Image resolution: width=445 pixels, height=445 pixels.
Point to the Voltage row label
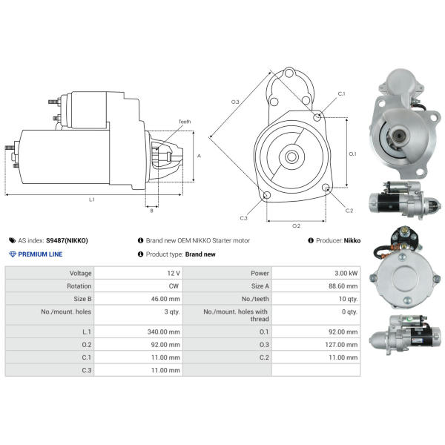click(x=80, y=274)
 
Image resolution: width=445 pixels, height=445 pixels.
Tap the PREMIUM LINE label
click(x=40, y=254)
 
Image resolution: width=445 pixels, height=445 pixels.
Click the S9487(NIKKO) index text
click(x=67, y=241)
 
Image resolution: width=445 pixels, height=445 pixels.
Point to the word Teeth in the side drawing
click(x=185, y=122)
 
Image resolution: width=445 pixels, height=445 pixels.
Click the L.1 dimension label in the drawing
click(x=92, y=200)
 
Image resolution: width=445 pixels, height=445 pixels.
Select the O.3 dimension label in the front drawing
click(x=235, y=101)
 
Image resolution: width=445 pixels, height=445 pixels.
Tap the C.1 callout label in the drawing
click(x=342, y=94)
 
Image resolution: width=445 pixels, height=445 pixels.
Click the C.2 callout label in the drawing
click(x=349, y=211)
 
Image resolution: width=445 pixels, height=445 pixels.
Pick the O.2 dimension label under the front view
click(x=296, y=225)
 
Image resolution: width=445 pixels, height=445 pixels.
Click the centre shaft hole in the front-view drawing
click(x=291, y=156)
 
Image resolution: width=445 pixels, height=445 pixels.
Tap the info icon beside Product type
click(x=140, y=254)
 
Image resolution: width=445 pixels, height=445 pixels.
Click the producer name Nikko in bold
click(x=352, y=241)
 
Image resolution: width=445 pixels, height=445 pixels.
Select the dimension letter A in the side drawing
click(x=199, y=156)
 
